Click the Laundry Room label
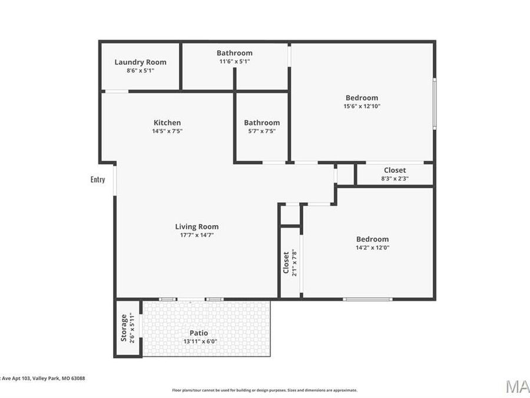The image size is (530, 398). [x=140, y=62]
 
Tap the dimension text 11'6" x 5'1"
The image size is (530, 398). [x=234, y=61]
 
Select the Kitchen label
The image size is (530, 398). [x=167, y=123]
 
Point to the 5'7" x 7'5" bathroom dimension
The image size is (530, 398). [x=261, y=131]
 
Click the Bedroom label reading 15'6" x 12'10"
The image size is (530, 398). [x=362, y=98]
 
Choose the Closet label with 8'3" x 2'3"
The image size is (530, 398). [x=395, y=170]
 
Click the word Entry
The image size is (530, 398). [x=98, y=179]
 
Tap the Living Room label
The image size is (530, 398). [x=197, y=226]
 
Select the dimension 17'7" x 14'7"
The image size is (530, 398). [x=197, y=235]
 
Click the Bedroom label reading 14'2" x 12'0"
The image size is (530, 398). [x=372, y=239]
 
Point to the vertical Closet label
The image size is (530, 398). [x=286, y=262]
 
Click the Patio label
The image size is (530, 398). [x=198, y=333]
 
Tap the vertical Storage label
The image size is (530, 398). [x=124, y=328]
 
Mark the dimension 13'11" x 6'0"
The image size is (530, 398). [x=198, y=341]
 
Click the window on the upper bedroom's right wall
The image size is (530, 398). [x=435, y=104]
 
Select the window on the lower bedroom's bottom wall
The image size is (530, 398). [x=367, y=299]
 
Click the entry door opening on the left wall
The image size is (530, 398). [x=115, y=179]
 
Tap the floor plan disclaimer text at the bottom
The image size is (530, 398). [x=264, y=390]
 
